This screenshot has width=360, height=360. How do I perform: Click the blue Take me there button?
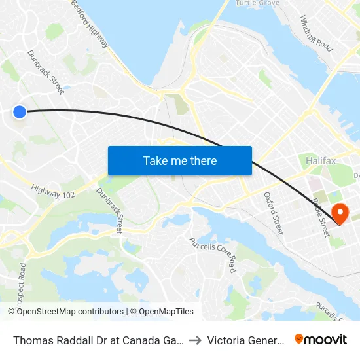pyautogui.click(x=180, y=160)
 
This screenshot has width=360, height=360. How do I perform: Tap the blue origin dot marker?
pyautogui.click(x=20, y=112)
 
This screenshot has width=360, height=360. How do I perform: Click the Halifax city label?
pyautogui.click(x=321, y=160)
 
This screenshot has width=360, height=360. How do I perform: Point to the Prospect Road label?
pyautogui.click(x=24, y=281)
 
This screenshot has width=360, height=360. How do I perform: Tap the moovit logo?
pyautogui.click(x=321, y=339)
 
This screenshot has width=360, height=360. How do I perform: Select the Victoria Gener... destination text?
pyautogui.click(x=245, y=340)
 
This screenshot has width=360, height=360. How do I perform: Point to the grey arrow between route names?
pyautogui.click(x=196, y=340)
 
